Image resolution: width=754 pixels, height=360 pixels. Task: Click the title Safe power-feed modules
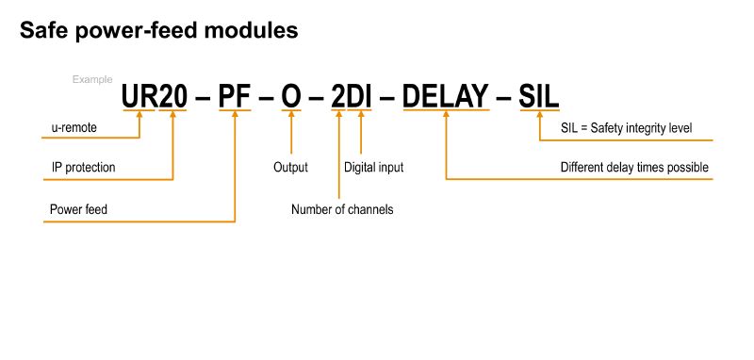coord(159,31)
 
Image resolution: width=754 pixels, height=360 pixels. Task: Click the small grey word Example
coord(92,80)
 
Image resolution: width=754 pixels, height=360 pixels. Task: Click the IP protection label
coord(83,168)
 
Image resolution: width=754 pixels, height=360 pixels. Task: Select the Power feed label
coord(78,208)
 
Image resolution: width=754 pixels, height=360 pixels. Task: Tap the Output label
coord(291,168)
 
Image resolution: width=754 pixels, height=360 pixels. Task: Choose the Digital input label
coord(374,168)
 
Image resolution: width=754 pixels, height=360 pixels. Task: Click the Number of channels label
coord(342,209)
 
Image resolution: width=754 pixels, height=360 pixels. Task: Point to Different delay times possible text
coord(634,168)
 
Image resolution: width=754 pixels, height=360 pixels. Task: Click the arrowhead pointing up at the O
coord(291,117)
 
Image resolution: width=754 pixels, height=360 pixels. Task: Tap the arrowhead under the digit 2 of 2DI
coord(338,117)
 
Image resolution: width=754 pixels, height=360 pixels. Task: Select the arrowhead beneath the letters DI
coord(361,117)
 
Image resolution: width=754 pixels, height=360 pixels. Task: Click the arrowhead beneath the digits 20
coord(173,117)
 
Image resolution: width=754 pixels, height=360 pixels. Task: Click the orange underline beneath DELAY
coord(446,111)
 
